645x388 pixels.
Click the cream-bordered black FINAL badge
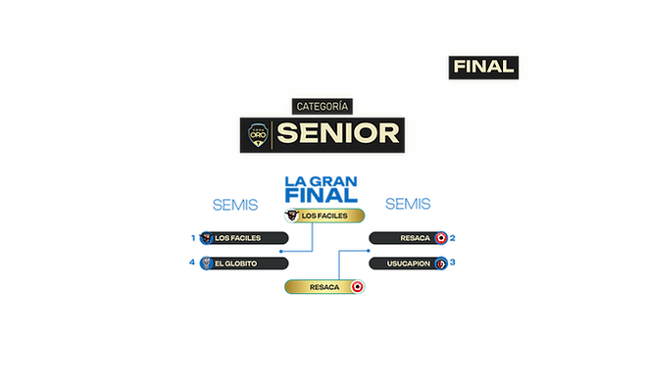(484, 67)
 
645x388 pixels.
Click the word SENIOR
(337, 132)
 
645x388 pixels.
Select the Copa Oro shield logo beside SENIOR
(257, 133)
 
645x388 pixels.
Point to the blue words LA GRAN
(321, 180)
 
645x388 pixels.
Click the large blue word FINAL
(321, 195)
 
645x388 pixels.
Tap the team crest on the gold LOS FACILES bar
(291, 215)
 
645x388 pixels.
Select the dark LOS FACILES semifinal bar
(245, 238)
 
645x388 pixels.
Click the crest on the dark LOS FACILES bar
(205, 238)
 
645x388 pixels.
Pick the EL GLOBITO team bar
(245, 264)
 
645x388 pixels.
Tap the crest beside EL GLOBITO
(205, 264)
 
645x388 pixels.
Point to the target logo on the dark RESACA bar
(441, 238)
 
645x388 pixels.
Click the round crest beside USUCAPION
(441, 264)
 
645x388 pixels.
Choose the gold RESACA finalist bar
(321, 287)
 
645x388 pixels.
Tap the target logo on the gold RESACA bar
(357, 287)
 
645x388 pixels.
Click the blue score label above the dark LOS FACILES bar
(233, 204)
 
